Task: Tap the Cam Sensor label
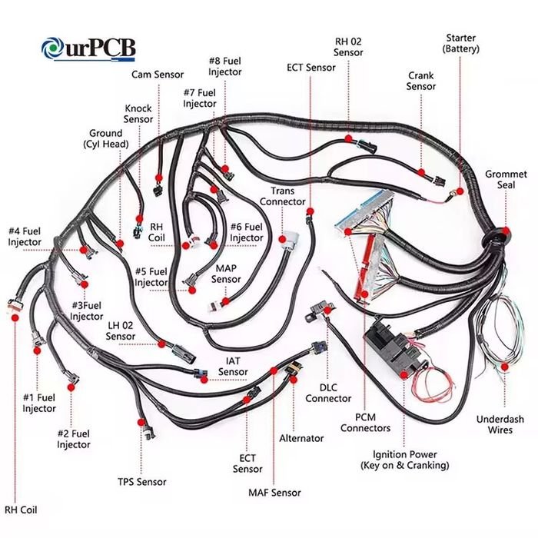pos(158,75)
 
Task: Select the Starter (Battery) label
pos(461,43)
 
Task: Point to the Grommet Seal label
pos(506,180)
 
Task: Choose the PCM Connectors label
pos(365,423)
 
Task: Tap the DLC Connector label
pos(328,393)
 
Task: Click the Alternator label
pos(301,438)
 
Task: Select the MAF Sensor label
pos(274,492)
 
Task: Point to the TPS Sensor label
pos(141,482)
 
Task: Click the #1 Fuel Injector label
pos(39,403)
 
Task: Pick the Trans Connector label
pos(283,196)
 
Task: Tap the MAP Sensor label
pos(227,274)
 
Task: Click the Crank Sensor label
pos(421,81)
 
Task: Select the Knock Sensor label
pos(138,114)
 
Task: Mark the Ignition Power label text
pos(405,460)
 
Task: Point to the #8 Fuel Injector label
pos(224,66)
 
